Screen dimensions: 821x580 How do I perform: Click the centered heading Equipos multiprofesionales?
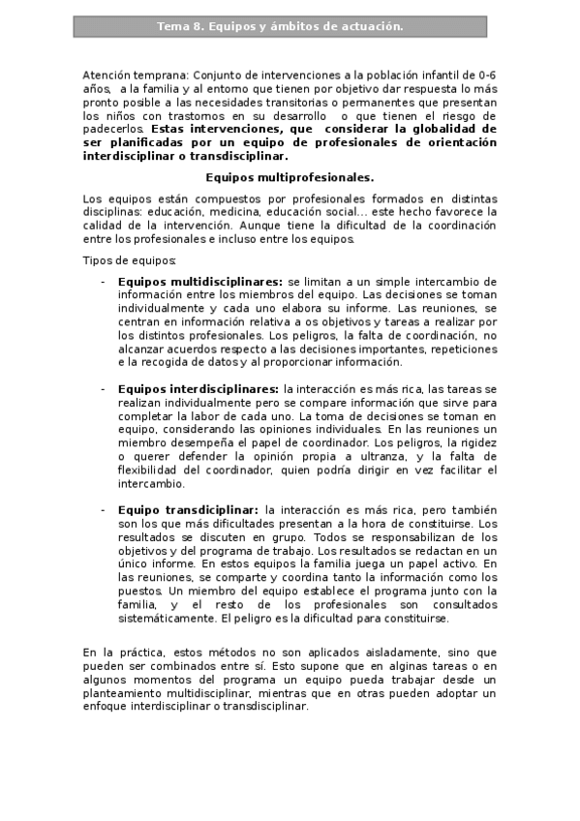pos(290,177)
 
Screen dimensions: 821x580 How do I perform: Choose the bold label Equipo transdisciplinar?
pos(188,509)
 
